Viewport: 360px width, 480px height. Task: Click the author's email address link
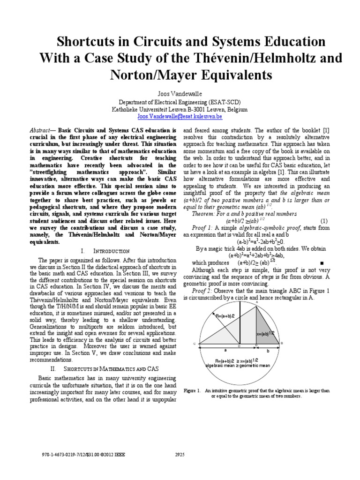click(x=180, y=115)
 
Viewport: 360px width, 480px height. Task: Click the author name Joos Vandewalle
click(x=180, y=94)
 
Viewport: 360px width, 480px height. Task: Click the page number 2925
click(x=180, y=454)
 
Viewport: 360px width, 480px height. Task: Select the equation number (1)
click(x=324, y=220)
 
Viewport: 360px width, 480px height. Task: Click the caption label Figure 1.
click(x=192, y=390)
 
